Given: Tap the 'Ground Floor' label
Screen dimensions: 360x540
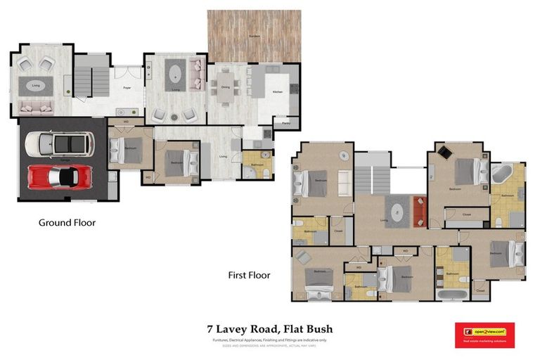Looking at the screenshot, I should point(67,223).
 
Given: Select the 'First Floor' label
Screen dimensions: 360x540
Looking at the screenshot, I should point(249,275).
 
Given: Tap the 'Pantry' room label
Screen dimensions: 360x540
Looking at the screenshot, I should point(286,123).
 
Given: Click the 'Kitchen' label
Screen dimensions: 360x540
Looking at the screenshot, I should point(277,92).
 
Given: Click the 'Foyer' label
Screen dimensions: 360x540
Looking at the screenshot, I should point(127,88).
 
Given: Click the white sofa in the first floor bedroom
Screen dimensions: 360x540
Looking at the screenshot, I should point(345,184).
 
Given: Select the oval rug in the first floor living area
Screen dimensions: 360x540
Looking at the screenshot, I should point(396,211).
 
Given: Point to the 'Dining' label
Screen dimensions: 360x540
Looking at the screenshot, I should point(226,87).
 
